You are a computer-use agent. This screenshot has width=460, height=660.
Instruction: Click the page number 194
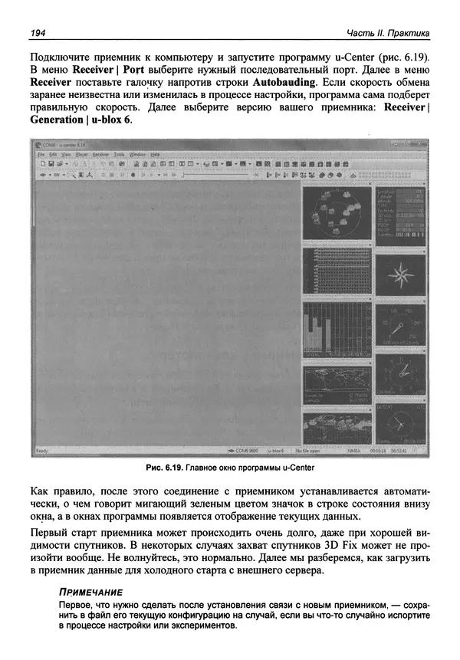38,32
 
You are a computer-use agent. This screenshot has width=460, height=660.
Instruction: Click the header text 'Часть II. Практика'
387,32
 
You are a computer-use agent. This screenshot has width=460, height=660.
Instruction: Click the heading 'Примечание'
90,593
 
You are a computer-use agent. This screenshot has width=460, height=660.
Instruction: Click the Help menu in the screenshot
156,154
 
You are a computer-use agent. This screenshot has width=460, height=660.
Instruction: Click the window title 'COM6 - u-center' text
64,144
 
